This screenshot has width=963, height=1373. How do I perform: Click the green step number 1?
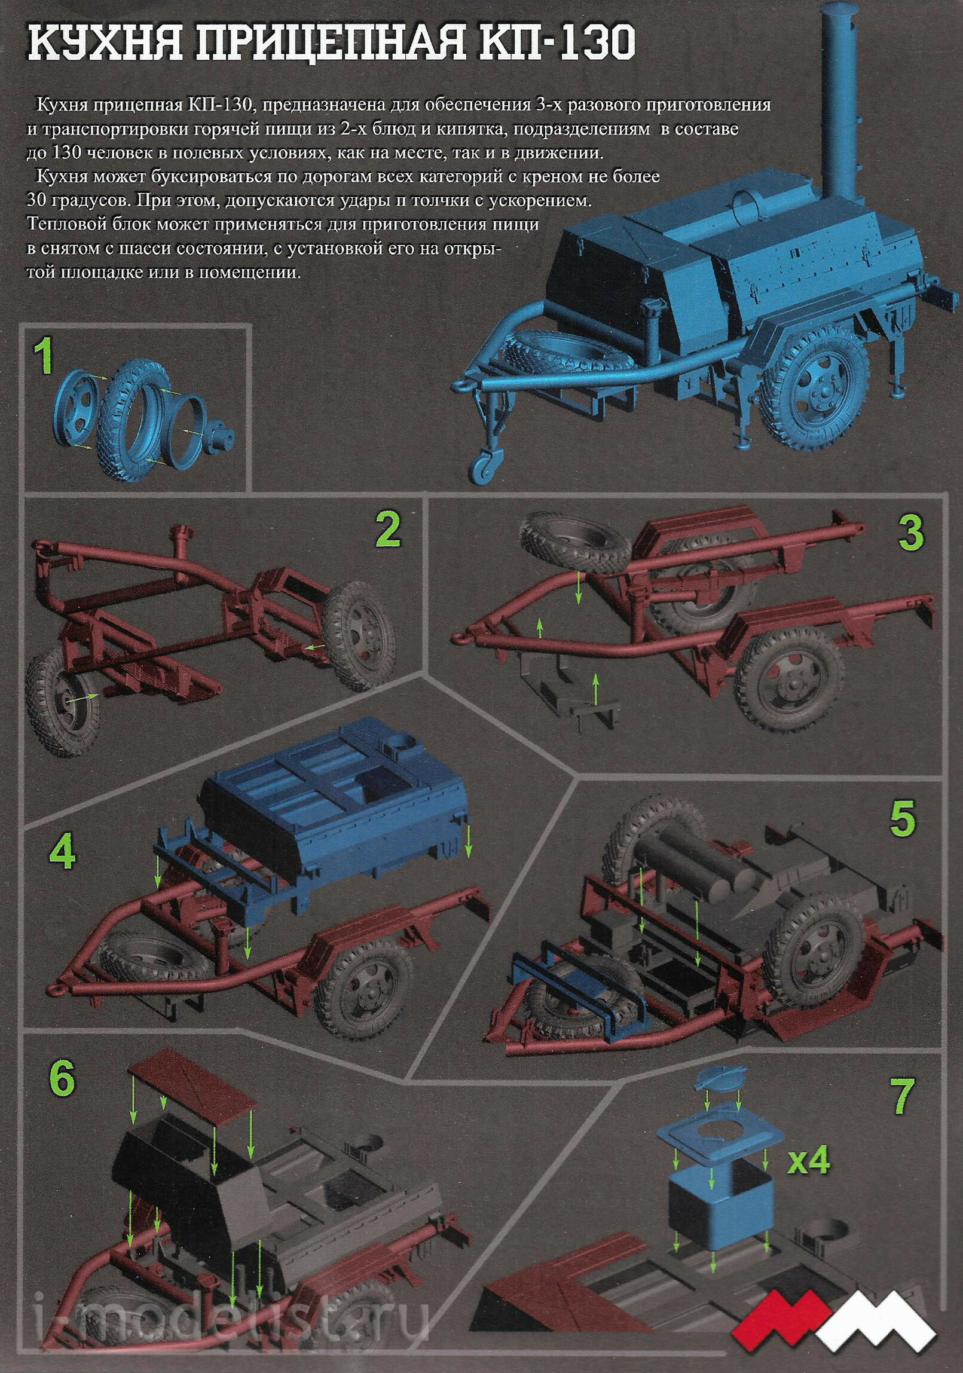[44, 357]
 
